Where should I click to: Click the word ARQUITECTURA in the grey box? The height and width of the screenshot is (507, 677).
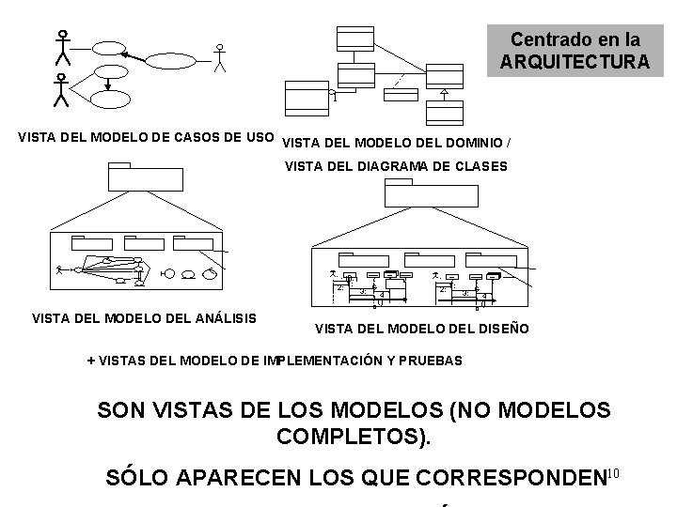[x=575, y=62]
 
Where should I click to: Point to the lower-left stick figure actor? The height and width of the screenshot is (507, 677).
[x=61, y=91]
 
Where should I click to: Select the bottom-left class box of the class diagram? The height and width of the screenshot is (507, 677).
[x=303, y=95]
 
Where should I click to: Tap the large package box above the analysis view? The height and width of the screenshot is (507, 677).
[x=135, y=176]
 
